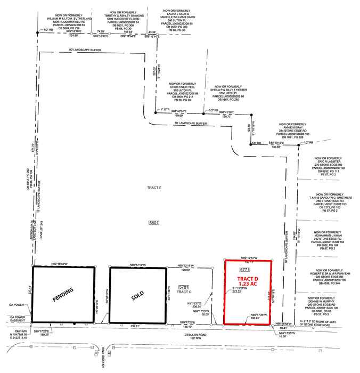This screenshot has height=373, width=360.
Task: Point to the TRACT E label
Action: [154, 189]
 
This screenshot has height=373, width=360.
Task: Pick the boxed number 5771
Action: [245, 271]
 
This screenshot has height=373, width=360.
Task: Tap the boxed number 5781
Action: [184, 287]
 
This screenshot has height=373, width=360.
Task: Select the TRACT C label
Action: [184, 292]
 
